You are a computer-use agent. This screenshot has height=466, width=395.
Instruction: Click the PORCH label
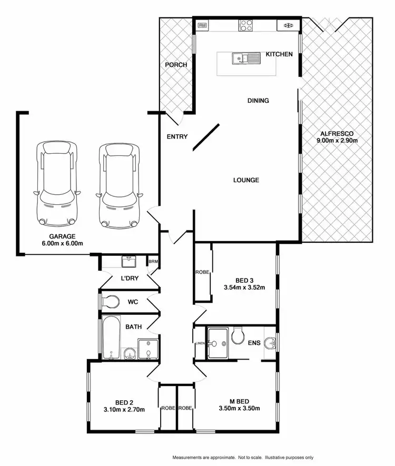pos(176,65)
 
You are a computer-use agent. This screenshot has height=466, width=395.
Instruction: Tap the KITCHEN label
pos(279,54)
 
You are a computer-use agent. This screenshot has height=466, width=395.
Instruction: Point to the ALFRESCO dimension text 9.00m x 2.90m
pos(337,141)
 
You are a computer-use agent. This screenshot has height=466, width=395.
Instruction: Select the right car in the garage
pos(118,184)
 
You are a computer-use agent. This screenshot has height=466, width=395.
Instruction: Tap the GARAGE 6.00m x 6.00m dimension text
pos(63,243)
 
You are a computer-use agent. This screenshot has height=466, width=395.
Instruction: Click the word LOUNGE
pos(246,180)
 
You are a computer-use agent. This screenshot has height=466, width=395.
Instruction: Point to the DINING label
pos(258,101)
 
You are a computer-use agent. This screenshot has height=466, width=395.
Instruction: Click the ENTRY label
pos(177,136)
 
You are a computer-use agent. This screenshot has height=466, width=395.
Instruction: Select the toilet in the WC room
pos(110,302)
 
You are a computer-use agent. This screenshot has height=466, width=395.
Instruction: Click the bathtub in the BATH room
pos(111,336)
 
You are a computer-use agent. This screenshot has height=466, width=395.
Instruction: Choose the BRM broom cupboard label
pos(153,262)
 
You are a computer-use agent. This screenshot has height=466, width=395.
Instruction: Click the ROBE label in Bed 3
pos(202,273)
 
